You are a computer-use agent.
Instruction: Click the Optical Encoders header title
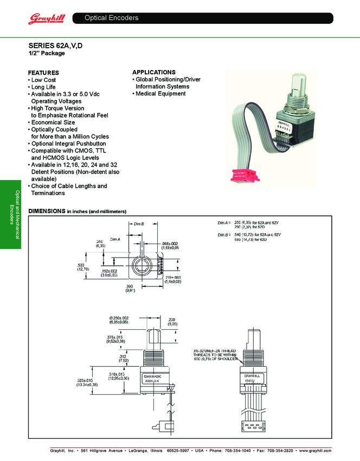click(x=112, y=18)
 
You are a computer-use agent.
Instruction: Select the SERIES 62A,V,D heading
click(x=55, y=46)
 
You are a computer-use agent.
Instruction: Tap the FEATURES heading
click(x=43, y=73)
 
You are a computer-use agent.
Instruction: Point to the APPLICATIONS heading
click(x=154, y=72)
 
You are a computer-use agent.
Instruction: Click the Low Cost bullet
click(x=43, y=80)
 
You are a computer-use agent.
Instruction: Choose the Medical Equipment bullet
click(x=160, y=94)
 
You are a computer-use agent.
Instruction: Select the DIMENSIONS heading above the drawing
click(x=47, y=210)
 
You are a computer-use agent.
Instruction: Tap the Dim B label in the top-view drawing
click(x=139, y=224)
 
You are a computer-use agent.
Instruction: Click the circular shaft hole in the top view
click(x=144, y=266)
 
